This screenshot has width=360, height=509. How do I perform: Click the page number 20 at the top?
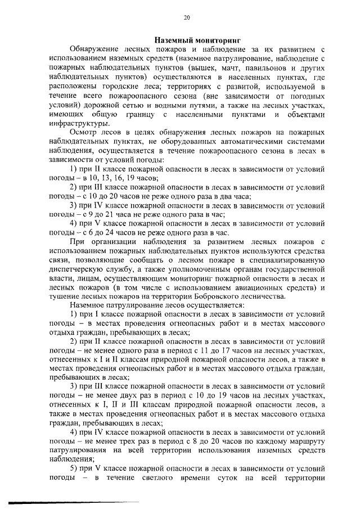(x=187, y=17)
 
